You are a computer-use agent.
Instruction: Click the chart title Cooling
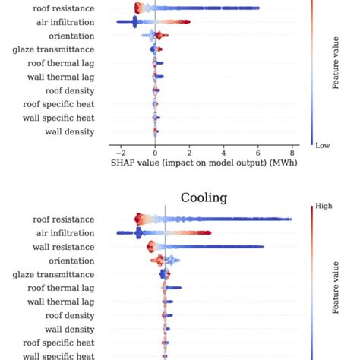(x=204, y=197)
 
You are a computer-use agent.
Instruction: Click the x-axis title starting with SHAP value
(x=204, y=162)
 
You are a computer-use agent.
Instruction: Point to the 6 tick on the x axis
(x=257, y=150)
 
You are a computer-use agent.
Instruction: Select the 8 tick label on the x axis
(x=292, y=150)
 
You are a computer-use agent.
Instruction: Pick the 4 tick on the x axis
(x=223, y=150)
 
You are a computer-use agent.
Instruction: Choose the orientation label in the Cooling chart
(x=72, y=261)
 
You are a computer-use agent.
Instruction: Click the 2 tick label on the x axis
(x=188, y=150)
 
